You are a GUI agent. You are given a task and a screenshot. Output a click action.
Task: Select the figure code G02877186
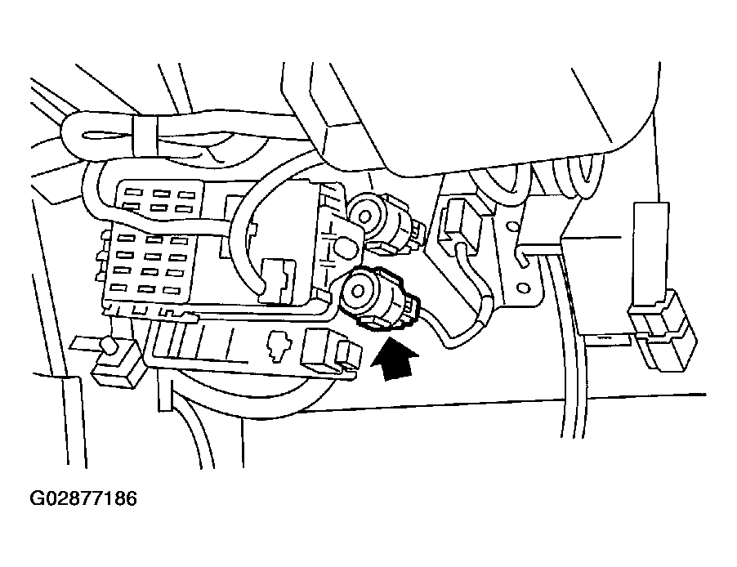pyautogui.click(x=83, y=498)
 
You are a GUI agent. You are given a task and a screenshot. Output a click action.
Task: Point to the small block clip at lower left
pyautogui.click(x=112, y=364)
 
